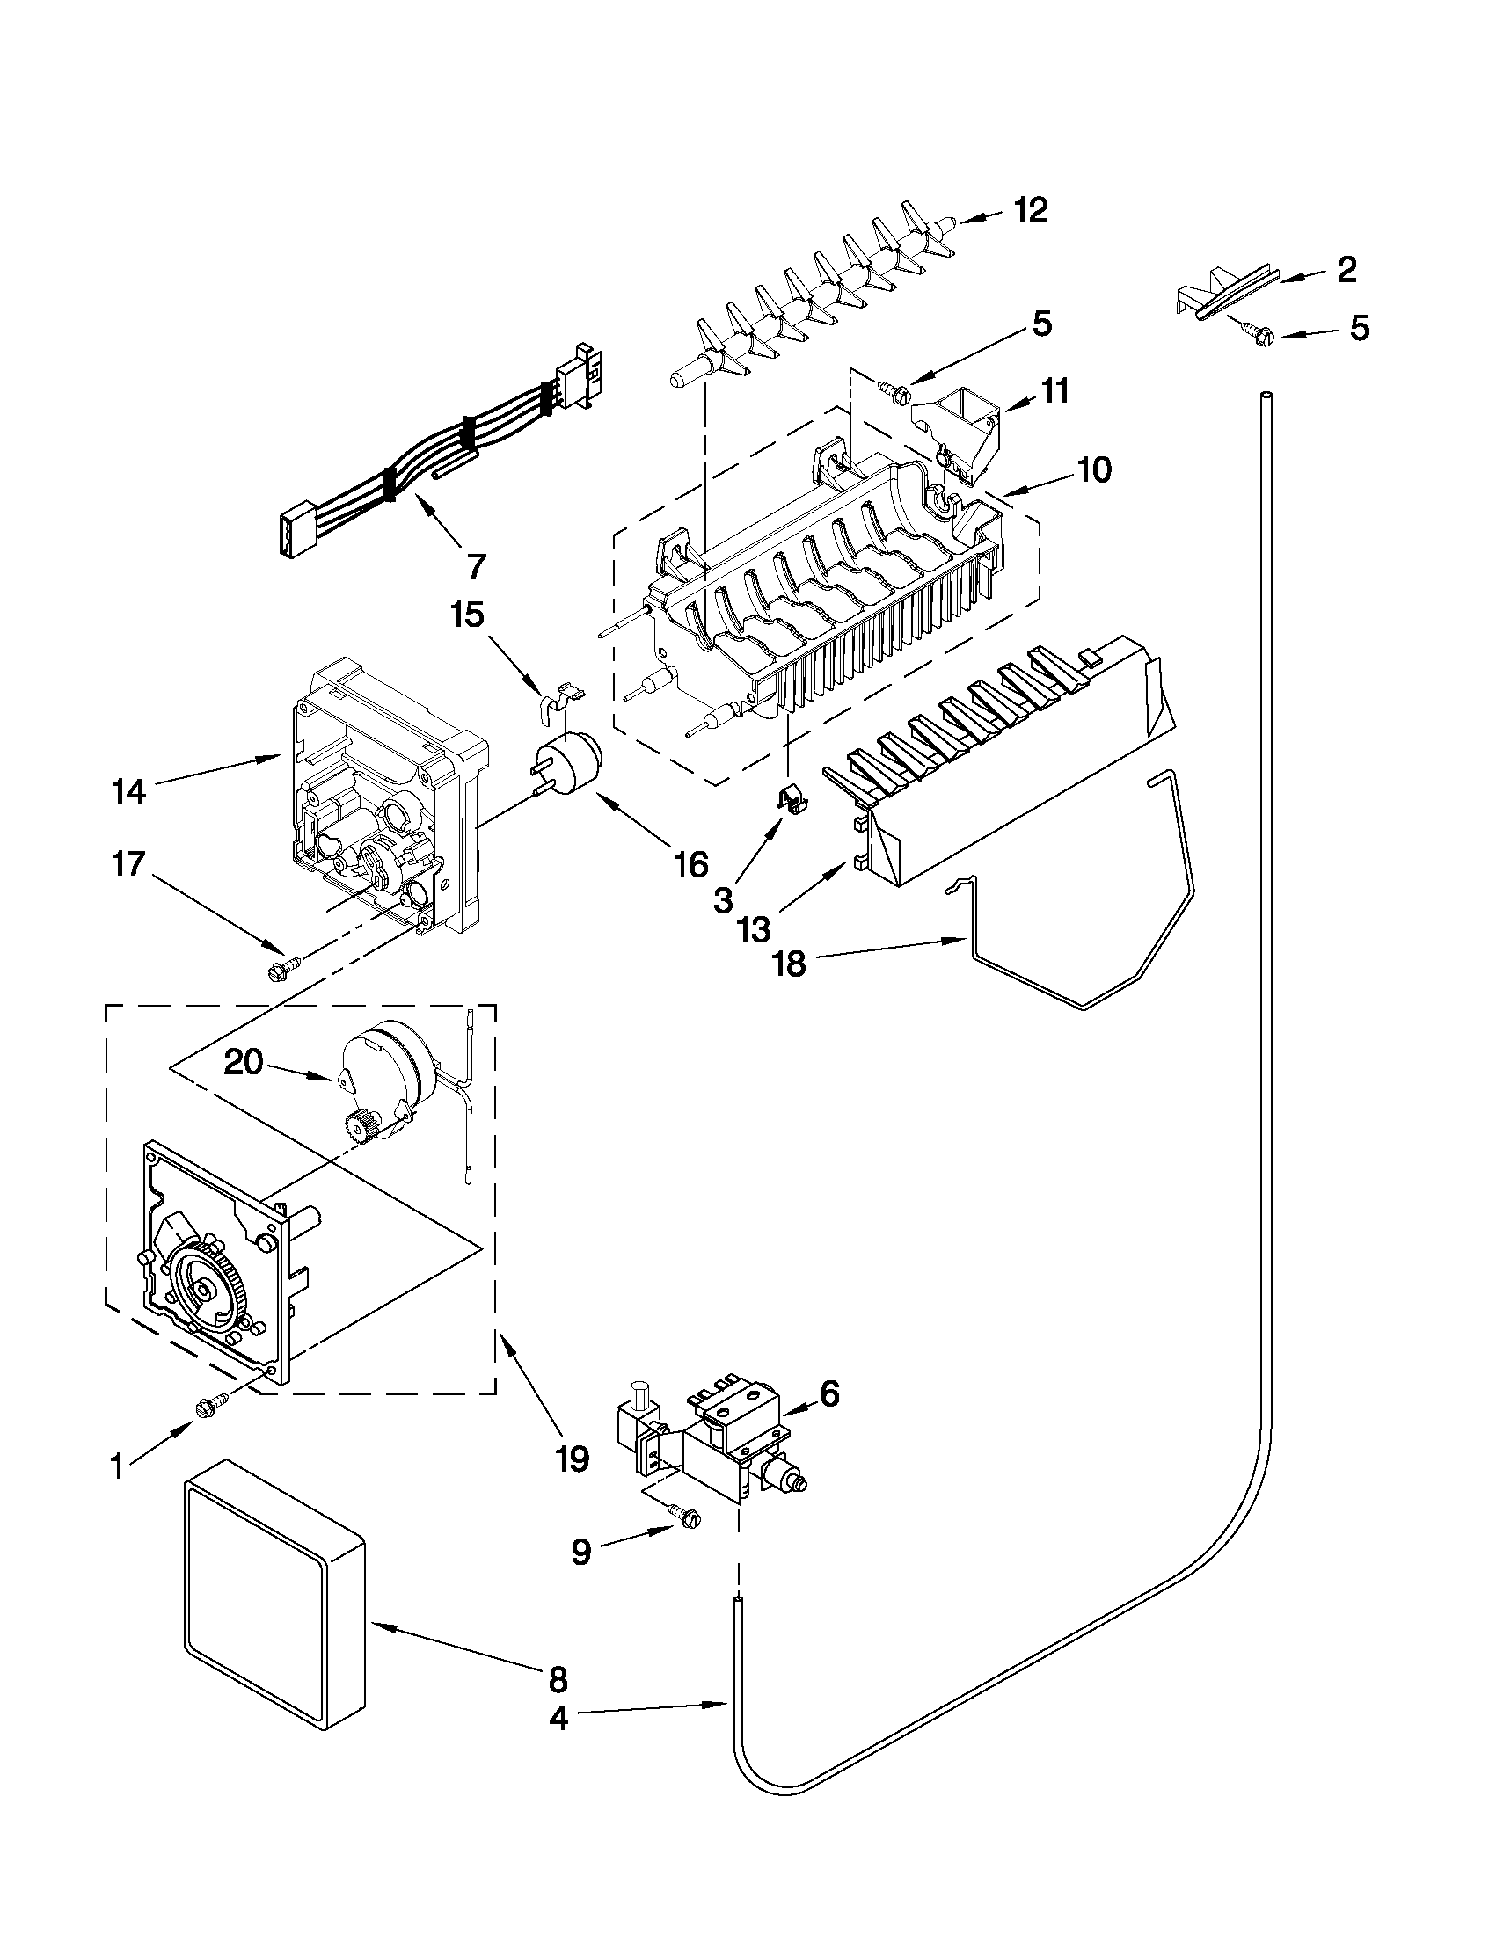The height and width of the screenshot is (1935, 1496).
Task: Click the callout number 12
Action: point(1031,210)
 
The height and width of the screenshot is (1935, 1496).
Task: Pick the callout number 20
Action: point(244,1062)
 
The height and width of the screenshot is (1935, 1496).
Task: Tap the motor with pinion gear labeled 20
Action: point(390,1076)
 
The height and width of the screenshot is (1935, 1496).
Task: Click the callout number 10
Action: point(1096,470)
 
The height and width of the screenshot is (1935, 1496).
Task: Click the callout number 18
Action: point(790,963)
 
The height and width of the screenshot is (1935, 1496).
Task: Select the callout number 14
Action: point(129,791)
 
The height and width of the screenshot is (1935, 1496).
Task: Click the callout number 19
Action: point(573,1456)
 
